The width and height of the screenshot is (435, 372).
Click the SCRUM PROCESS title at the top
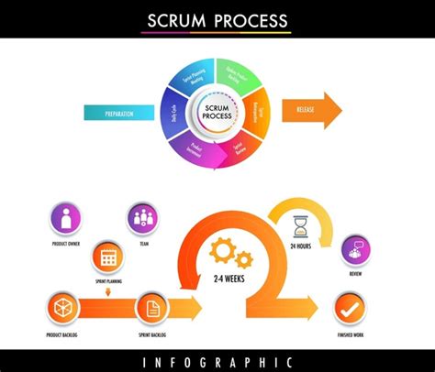pyautogui.click(x=217, y=20)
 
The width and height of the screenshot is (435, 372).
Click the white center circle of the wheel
pyautogui.click(x=217, y=113)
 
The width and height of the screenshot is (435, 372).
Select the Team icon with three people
pyautogui.click(x=142, y=218)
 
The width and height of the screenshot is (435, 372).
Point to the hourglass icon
pyautogui.click(x=300, y=225)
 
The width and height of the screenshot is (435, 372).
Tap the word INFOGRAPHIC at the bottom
pyautogui.click(x=217, y=361)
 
